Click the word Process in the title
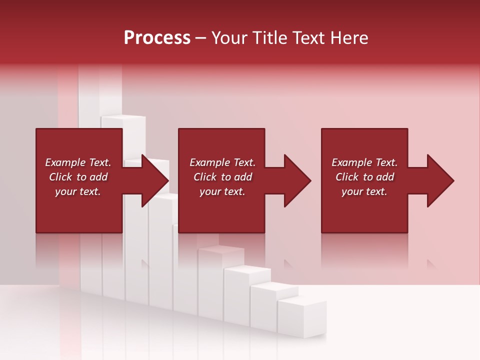(x=157, y=38)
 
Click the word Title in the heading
(x=268, y=38)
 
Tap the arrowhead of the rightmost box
(x=439, y=180)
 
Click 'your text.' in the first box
(x=78, y=191)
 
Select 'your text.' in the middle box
(x=222, y=191)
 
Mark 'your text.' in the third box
(x=364, y=191)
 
